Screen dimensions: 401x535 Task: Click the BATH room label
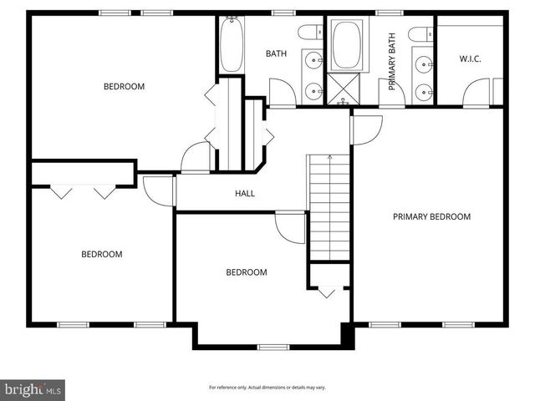click(276, 54)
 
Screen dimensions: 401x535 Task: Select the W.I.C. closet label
click(470, 58)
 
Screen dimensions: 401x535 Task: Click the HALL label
click(245, 194)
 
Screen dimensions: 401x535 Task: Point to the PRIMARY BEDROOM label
click(431, 217)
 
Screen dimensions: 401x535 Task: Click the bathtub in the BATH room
click(232, 45)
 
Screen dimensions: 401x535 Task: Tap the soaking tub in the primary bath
click(345, 46)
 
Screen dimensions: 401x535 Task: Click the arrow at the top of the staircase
click(330, 158)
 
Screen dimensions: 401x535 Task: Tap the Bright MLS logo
click(33, 389)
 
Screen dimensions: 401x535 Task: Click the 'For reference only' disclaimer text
click(267, 388)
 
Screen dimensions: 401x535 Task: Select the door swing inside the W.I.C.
click(476, 92)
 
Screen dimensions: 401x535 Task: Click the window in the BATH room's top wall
click(283, 13)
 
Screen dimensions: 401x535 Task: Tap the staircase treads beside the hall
click(329, 209)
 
